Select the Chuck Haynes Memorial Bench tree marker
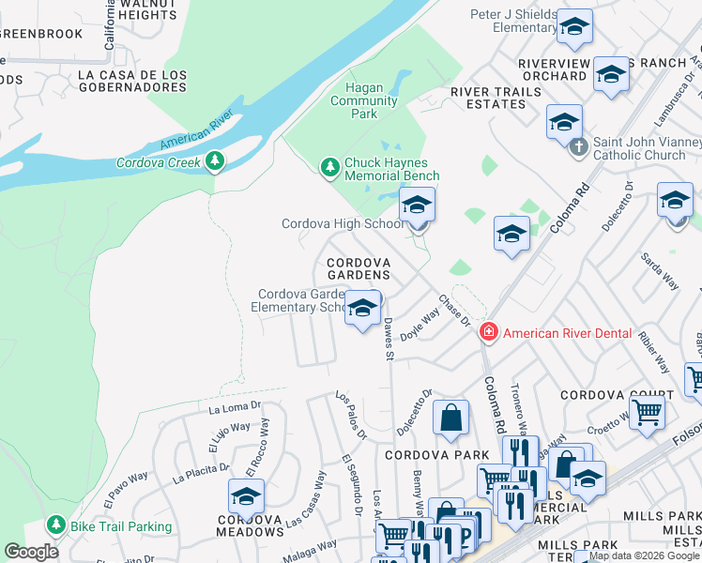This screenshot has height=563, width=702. [329, 168]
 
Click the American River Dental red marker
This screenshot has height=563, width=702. [488, 332]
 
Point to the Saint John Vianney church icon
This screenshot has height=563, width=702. [579, 145]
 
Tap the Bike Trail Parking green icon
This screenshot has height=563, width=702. [57, 525]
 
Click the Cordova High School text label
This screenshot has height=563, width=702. [343, 223]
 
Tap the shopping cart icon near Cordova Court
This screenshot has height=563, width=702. [647, 410]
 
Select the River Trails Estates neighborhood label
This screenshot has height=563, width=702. [496, 98]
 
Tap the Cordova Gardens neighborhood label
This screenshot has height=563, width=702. [358, 268]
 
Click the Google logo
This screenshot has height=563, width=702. [31, 552]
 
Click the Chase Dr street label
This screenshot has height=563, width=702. [454, 312]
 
